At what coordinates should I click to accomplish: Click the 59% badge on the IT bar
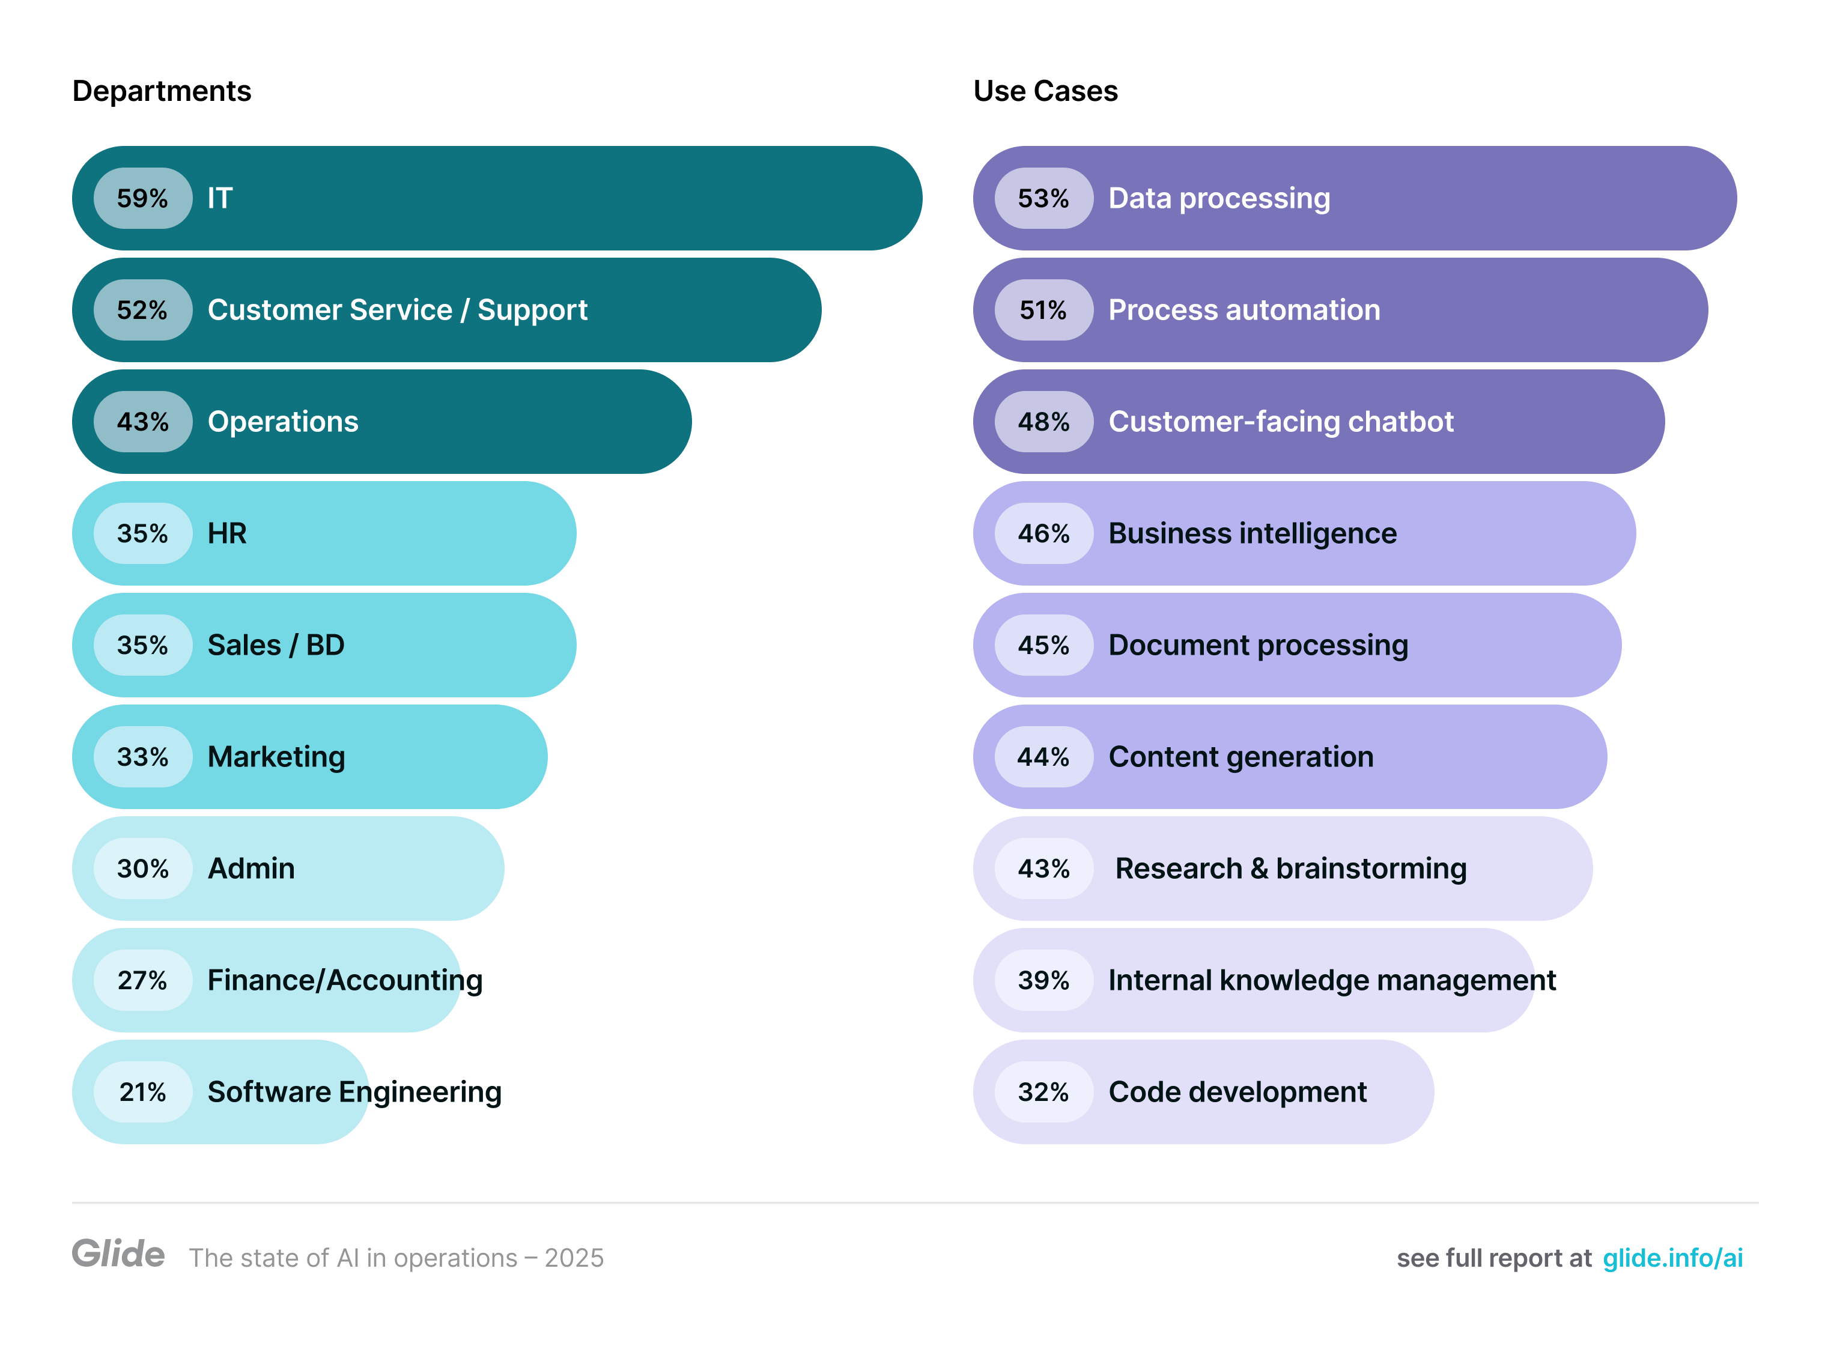142,198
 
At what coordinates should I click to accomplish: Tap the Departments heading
162,91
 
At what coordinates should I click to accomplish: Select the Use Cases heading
1045,91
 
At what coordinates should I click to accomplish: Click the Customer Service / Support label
397,309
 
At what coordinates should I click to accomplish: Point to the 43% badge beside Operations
142,421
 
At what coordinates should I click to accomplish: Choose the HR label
226,533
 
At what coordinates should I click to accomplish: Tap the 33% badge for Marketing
142,756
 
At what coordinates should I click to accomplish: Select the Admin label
251,868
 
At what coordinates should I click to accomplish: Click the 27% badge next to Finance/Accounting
142,980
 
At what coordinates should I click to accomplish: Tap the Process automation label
1243,309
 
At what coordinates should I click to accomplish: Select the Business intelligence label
1252,533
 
